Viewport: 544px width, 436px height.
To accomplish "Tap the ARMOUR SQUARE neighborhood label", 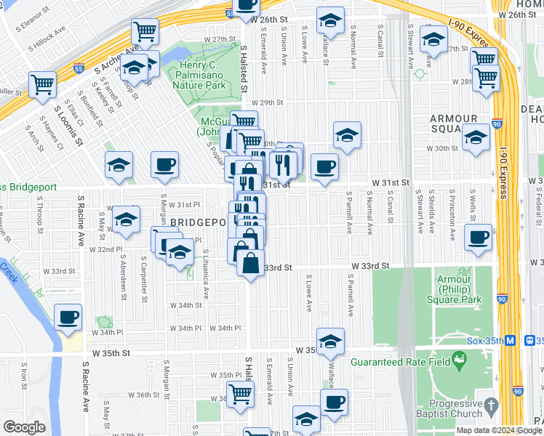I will pyautogui.click(x=453, y=124).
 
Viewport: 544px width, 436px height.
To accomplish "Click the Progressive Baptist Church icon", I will pyautogui.click(x=491, y=404).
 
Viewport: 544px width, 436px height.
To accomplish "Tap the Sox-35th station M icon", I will pyautogui.click(x=511, y=340).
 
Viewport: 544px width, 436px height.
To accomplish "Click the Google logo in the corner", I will pyautogui.click(x=24, y=427).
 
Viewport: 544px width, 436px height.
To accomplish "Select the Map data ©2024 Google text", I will pyautogui.click(x=500, y=430).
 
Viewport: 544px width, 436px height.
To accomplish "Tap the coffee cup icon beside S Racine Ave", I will pyautogui.click(x=68, y=318).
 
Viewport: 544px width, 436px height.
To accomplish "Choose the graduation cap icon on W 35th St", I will pyautogui.click(x=330, y=341).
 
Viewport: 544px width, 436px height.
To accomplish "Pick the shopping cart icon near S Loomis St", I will pyautogui.click(x=43, y=84).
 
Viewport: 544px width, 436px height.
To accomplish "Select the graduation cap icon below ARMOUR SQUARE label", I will pyautogui.click(x=476, y=136).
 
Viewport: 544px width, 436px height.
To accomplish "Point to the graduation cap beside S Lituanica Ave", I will pyautogui.click(x=180, y=253).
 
